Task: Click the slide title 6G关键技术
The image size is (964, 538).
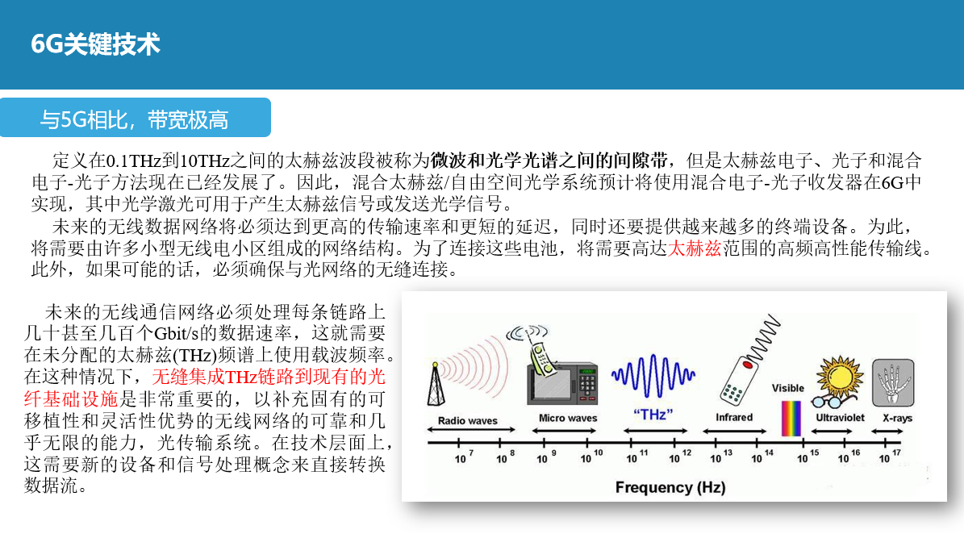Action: (95, 44)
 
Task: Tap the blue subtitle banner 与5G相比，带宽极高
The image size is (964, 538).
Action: (135, 120)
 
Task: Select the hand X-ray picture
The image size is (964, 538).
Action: (892, 382)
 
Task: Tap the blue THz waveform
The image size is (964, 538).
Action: (653, 373)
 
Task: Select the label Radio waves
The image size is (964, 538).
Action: (467, 420)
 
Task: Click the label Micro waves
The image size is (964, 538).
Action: (568, 418)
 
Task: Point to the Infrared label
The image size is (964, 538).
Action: (733, 417)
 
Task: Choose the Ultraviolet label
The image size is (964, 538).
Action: (840, 418)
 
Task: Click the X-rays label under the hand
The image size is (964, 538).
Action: (897, 418)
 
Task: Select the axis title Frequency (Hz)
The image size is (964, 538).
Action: (670, 487)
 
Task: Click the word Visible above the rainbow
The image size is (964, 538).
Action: (787, 388)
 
